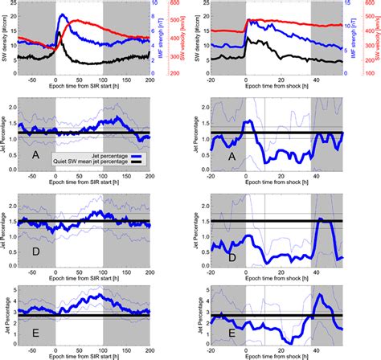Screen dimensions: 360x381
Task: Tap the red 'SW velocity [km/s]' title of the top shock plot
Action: point(379,39)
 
